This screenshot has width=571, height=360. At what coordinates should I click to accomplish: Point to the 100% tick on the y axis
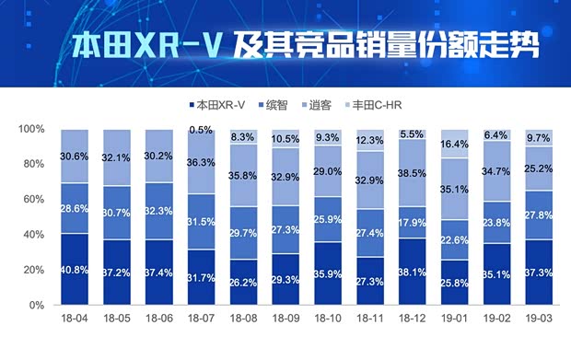click(x=31, y=129)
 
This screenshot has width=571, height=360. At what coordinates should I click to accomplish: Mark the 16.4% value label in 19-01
click(x=454, y=145)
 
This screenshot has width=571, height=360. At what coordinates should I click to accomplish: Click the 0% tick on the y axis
click(x=36, y=305)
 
